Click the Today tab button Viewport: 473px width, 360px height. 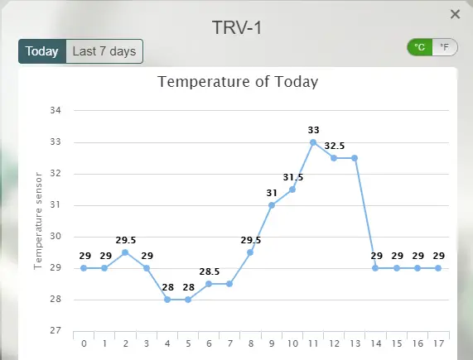pyautogui.click(x=41, y=51)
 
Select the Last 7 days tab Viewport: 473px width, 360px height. pyautogui.click(x=104, y=51)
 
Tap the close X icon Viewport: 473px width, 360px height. pyautogui.click(x=455, y=14)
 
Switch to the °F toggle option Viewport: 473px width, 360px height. pyautogui.click(x=445, y=47)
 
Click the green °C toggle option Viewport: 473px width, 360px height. pyautogui.click(x=420, y=47)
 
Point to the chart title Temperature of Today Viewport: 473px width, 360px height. pyautogui.click(x=238, y=81)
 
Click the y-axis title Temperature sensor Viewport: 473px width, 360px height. pyautogui.click(x=37, y=221)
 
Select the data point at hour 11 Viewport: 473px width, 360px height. pyautogui.click(x=313, y=142)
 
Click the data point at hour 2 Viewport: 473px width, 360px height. pyautogui.click(x=125, y=252)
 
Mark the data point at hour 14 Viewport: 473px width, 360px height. pyautogui.click(x=376, y=268)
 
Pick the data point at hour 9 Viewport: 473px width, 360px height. pyautogui.click(x=272, y=205)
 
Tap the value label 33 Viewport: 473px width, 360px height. pyautogui.click(x=313, y=130)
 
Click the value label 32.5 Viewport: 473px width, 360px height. pyautogui.click(x=335, y=146)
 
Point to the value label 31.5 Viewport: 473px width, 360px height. pyautogui.click(x=292, y=177)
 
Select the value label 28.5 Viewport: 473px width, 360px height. pyautogui.click(x=209, y=271)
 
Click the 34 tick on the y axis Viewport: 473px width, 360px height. pyautogui.click(x=56, y=111)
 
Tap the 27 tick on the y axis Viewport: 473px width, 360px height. pyautogui.click(x=56, y=331)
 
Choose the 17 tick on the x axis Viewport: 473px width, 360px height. pyautogui.click(x=438, y=343)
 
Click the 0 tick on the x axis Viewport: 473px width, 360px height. pyautogui.click(x=84, y=343)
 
